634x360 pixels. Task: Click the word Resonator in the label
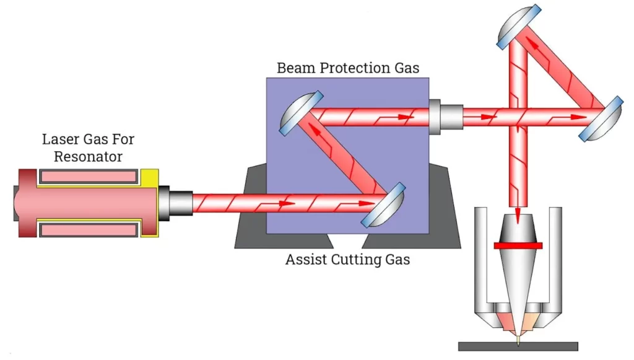click(x=88, y=157)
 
